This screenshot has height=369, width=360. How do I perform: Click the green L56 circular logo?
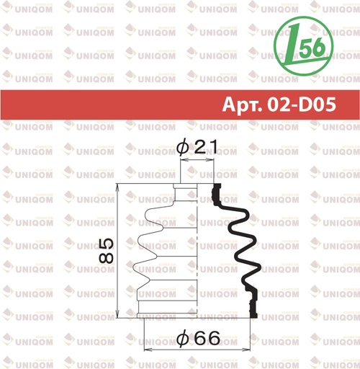303,46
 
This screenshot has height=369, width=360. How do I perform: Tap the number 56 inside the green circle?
312,48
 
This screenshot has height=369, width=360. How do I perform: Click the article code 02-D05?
302,105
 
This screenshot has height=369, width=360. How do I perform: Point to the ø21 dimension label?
197,146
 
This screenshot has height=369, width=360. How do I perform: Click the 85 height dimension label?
106,251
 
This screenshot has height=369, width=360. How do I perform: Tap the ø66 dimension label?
198,337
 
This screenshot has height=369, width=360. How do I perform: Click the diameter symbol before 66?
183,338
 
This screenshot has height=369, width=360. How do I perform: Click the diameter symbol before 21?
183,147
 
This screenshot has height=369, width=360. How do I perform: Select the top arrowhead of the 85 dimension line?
117,187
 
